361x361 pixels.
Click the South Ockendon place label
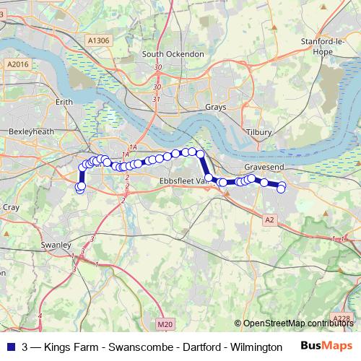pyautogui.click(x=173, y=54)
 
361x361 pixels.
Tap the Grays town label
pyautogui.click(x=216, y=107)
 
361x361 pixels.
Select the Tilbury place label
pyautogui.click(x=259, y=132)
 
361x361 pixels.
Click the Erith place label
pyautogui.click(x=65, y=103)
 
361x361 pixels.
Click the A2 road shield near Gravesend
pyautogui.click(x=269, y=219)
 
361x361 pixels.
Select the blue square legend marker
pyautogui.click(x=11, y=347)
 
